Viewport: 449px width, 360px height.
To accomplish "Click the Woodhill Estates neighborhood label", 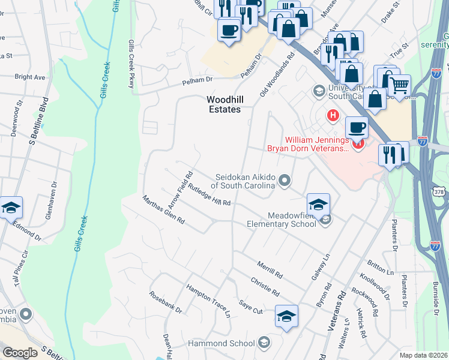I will coord(223,104).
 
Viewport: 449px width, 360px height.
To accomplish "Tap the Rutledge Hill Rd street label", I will coord(209,195).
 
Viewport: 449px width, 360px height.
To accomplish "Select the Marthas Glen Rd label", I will coord(163,210).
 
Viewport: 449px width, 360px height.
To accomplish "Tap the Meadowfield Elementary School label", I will coord(282,220).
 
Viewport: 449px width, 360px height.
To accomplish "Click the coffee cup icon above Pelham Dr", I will coord(229,29).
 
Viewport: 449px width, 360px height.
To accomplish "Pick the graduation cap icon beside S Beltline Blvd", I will coord(10,208).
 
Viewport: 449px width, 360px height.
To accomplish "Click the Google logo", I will coord(20,353).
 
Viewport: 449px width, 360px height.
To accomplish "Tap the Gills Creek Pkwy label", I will coord(131,64).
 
